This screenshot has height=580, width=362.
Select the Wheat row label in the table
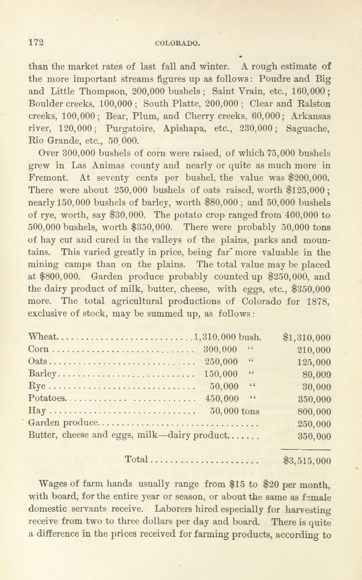click(43, 337)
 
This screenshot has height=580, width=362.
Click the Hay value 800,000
click(314, 411)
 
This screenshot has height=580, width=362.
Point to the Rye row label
click(35, 386)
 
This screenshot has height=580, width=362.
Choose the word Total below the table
click(137, 459)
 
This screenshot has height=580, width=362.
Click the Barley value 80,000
click(317, 375)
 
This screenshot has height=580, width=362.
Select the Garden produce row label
click(63, 423)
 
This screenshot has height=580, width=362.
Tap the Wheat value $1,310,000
click(307, 337)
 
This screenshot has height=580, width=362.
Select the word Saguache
click(308, 129)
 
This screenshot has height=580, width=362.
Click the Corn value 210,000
click(314, 350)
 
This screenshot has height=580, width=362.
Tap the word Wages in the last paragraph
click(53, 484)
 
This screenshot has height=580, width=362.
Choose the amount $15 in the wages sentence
click(236, 484)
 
